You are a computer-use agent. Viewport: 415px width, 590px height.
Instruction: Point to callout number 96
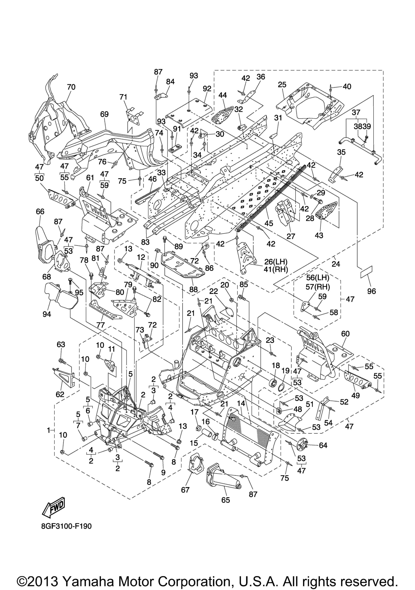(x=371, y=291)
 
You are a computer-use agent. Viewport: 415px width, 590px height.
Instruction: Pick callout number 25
(x=282, y=85)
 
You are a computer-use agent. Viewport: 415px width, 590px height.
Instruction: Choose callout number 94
(x=47, y=314)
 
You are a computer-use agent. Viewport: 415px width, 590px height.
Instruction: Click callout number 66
(x=40, y=211)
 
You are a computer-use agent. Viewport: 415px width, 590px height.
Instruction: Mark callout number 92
(x=207, y=89)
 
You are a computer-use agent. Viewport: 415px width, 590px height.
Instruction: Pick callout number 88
(x=194, y=289)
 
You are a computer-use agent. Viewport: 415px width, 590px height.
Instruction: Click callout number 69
(x=104, y=114)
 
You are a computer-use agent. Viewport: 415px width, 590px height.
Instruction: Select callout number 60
(x=345, y=334)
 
